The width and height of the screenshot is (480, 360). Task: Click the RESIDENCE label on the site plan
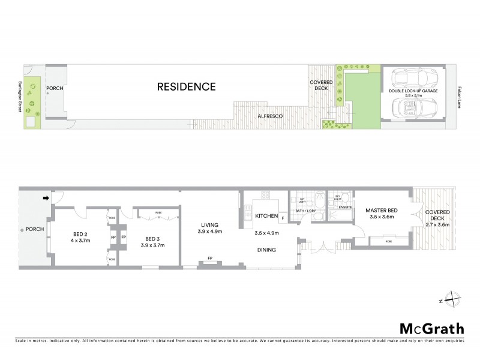click(186, 87)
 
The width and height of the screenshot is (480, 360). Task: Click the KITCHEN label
click(265, 215)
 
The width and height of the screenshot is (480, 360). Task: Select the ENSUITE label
click(345, 208)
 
